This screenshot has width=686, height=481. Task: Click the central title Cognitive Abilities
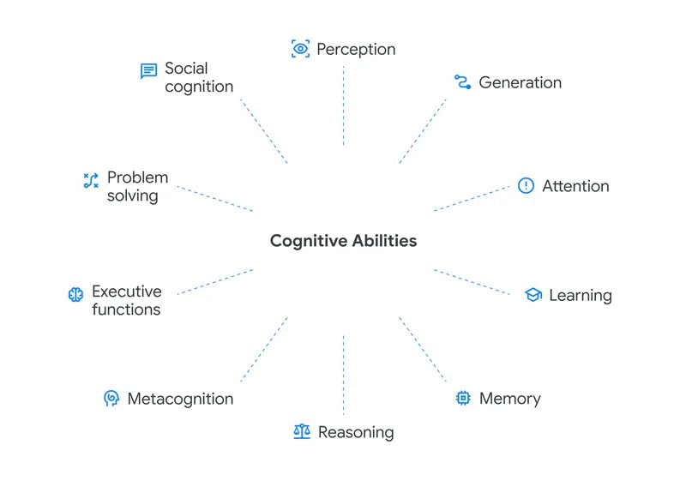point(343,241)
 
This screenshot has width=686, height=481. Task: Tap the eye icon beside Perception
point(300,49)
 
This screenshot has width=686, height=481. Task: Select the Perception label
point(356,49)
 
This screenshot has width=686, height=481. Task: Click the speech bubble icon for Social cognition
point(148,71)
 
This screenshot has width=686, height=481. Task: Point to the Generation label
point(520,82)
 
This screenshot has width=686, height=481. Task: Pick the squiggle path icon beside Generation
point(463,82)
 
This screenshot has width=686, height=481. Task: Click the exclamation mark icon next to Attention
point(526,186)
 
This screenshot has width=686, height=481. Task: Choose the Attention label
point(575,186)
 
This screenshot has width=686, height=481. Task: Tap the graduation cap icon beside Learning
point(533,295)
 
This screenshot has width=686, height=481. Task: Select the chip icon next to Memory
point(463,398)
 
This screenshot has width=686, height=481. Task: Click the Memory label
point(509,399)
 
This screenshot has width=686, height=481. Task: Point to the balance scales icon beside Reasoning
point(301,432)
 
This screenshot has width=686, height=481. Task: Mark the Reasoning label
point(356,432)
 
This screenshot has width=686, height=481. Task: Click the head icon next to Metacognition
point(111,399)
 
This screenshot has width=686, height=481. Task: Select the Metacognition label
point(180,399)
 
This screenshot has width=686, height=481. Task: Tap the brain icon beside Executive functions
point(75,294)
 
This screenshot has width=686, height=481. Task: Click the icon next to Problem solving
point(90,180)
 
